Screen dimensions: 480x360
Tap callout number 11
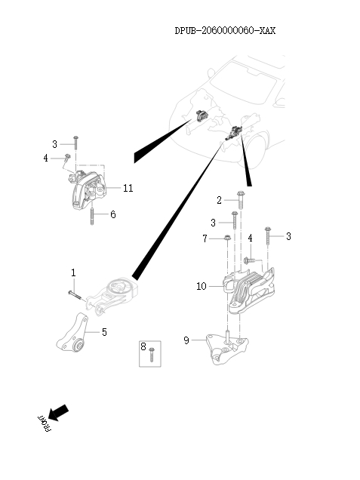click(x=128, y=188)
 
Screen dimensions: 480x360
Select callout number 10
click(x=202, y=286)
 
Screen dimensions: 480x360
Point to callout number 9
click(x=187, y=340)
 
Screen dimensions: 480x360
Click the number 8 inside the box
click(x=144, y=347)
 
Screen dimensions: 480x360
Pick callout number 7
click(x=205, y=239)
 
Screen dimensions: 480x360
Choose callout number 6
click(x=113, y=215)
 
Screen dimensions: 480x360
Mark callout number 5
click(x=104, y=331)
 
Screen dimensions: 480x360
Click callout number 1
click(x=73, y=272)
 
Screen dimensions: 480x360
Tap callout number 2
click(x=220, y=200)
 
